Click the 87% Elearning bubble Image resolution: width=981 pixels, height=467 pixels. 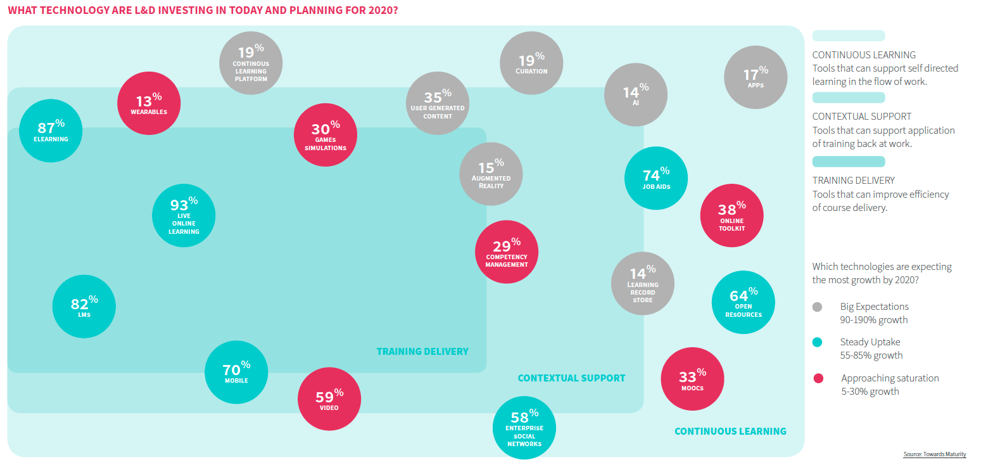[51, 130]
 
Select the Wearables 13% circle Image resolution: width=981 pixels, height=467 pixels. [149, 103]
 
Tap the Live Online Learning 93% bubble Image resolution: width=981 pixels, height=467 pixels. [184, 215]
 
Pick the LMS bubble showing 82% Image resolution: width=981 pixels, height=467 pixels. [84, 307]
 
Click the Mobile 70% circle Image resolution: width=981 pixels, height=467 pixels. [236, 372]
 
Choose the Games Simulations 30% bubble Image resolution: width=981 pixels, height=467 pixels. [326, 135]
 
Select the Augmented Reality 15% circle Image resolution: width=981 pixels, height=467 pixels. [491, 174]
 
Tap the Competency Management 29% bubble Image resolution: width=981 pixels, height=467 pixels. [507, 252]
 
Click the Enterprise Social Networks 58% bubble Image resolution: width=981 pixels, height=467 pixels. [524, 428]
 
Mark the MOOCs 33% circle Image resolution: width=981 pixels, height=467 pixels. [692, 379]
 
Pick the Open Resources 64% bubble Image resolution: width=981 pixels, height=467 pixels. [744, 302]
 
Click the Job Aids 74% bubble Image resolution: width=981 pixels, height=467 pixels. [655, 178]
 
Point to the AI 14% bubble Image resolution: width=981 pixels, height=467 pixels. [636, 94]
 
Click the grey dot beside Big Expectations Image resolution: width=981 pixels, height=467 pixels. [817, 307]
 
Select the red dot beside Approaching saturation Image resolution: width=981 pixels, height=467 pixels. [818, 378]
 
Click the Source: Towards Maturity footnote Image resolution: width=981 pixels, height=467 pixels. [934, 454]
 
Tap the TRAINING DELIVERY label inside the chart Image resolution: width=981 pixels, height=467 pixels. [422, 351]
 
